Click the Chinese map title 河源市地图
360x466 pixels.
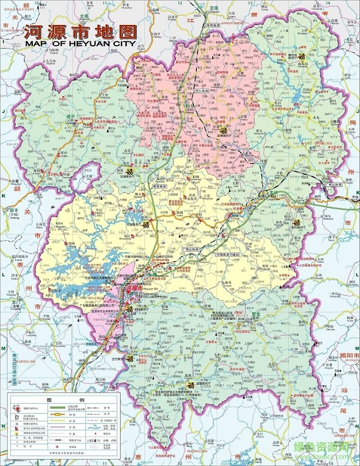[x=80, y=31]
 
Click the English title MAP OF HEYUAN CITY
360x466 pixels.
[x=80, y=44]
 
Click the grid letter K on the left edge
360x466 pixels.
[x=3, y=196]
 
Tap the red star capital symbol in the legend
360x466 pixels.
[x=15, y=409]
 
